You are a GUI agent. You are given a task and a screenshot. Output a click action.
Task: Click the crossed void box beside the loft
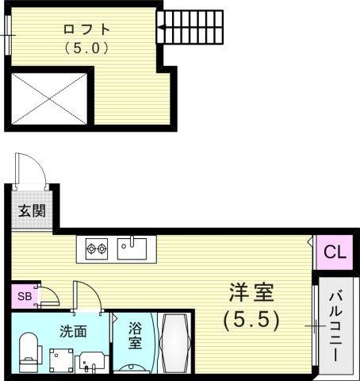(x=49, y=98)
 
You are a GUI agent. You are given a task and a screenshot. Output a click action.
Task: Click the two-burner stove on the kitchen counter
(x=98, y=250)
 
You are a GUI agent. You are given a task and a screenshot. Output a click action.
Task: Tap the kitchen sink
(x=132, y=248)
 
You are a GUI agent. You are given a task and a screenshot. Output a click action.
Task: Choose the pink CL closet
(x=335, y=254)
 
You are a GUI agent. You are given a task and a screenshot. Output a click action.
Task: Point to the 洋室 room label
(x=252, y=294)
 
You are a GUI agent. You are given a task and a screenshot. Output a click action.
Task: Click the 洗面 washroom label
(x=71, y=331)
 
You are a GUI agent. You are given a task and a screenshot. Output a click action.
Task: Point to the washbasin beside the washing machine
(x=89, y=358)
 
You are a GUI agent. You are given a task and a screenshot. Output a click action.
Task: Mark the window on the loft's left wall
(x=8, y=36)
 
